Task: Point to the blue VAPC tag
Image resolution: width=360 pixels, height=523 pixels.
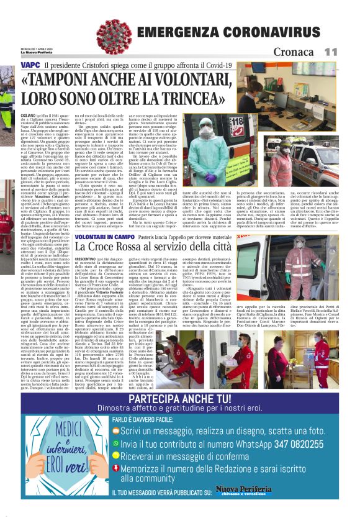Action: (30, 65)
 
